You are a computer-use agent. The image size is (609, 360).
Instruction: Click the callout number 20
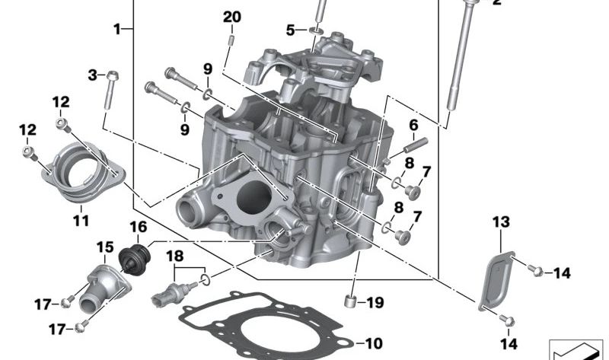[x=232, y=18]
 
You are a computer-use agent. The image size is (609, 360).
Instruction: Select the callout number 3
[x=93, y=75]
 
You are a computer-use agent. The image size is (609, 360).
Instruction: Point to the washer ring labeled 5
[x=315, y=30]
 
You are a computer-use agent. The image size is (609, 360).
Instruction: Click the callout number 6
[x=414, y=125]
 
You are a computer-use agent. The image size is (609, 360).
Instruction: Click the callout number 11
[x=81, y=221]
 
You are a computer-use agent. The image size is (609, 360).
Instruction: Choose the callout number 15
[x=104, y=247]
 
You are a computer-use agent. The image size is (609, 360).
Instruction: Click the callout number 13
[x=500, y=222]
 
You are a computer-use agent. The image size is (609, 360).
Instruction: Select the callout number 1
[x=117, y=30]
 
